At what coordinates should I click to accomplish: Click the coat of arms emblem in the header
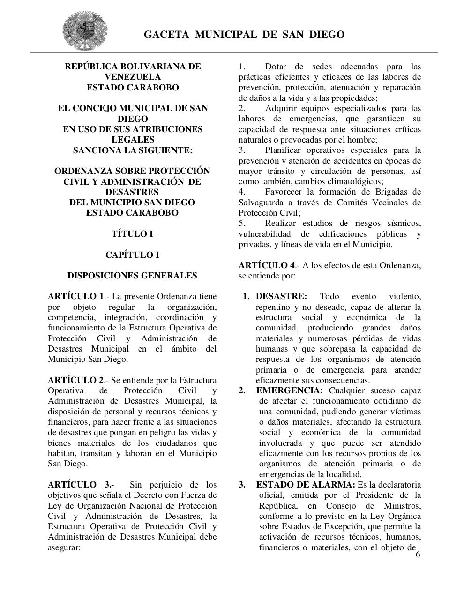click(85, 31)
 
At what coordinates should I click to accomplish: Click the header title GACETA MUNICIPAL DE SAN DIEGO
click(244, 35)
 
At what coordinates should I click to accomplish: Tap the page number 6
click(418, 555)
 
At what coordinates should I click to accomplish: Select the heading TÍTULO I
click(132, 234)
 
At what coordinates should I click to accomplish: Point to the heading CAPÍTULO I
click(132, 255)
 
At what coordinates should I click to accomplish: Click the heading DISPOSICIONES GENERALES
click(132, 276)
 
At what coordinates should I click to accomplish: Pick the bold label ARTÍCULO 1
click(75, 297)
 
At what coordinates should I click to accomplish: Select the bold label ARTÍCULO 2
click(75, 380)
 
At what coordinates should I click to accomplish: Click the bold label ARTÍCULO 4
click(267, 265)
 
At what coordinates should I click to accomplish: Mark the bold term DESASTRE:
click(281, 297)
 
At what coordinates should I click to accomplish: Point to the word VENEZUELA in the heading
click(132, 77)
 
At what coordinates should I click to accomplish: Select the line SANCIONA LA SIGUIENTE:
click(132, 150)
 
